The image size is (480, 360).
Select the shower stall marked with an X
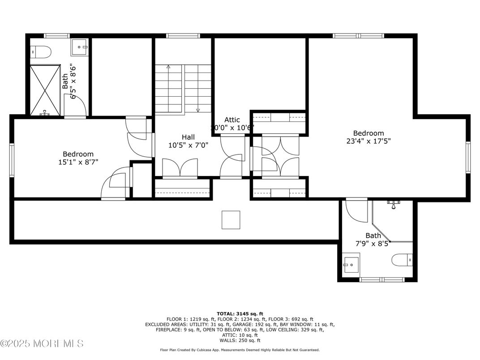point(45,90)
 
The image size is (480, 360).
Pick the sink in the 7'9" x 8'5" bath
point(351,265)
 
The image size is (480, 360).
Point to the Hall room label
point(188,137)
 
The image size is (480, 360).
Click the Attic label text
point(232,120)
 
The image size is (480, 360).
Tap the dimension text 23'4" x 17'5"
point(369,141)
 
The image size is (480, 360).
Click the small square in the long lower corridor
point(231,220)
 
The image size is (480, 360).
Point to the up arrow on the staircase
point(168,67)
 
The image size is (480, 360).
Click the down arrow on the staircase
point(197,110)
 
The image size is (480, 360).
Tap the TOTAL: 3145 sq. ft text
point(240,313)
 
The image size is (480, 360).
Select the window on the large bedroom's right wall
point(468,157)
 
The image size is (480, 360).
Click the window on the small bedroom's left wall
point(12,160)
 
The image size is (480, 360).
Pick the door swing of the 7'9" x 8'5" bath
point(356,210)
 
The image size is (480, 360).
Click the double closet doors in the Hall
point(179,169)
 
